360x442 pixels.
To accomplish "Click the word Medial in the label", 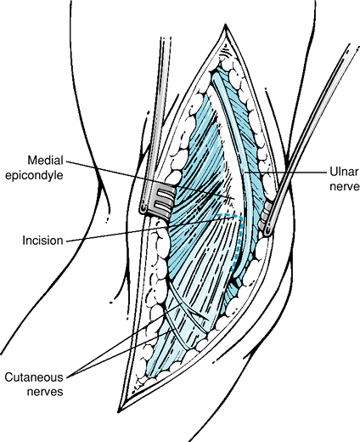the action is [45, 161].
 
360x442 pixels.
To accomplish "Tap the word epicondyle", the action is [34, 175].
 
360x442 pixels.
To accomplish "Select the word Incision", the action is [42, 241].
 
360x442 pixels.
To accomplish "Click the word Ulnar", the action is [344, 172].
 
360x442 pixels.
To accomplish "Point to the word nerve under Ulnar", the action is [345, 187].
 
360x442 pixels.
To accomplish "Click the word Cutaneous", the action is [34, 377].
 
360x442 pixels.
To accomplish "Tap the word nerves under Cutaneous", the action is [45, 392].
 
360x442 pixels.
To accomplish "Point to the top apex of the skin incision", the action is [225, 25].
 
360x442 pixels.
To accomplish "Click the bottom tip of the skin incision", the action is [120, 411].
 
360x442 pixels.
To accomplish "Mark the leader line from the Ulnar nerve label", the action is [285, 172].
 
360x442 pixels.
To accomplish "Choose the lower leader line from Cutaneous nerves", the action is [120, 353].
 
